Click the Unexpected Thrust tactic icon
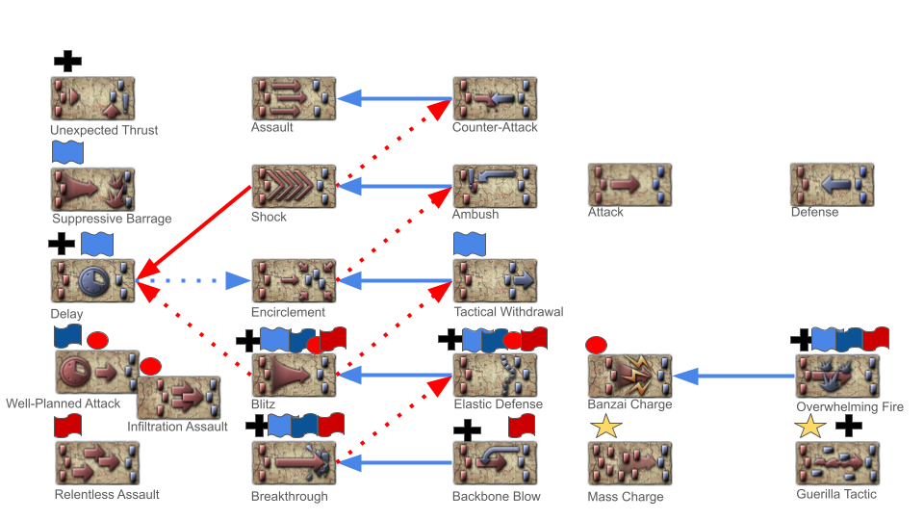click(x=92, y=99)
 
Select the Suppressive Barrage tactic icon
click(x=92, y=189)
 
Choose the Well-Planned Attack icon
click(x=97, y=373)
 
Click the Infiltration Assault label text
click(x=177, y=427)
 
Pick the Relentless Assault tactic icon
click(x=97, y=463)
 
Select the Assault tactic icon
click(x=294, y=98)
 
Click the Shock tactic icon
click(x=294, y=186)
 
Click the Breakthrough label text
click(x=290, y=497)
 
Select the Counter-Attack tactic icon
click(x=495, y=98)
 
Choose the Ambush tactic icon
click(x=495, y=186)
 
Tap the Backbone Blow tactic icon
click(x=495, y=463)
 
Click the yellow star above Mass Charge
click(x=605, y=427)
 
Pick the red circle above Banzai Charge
click(x=596, y=344)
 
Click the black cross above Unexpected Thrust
click(x=67, y=62)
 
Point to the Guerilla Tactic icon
click(x=837, y=463)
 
